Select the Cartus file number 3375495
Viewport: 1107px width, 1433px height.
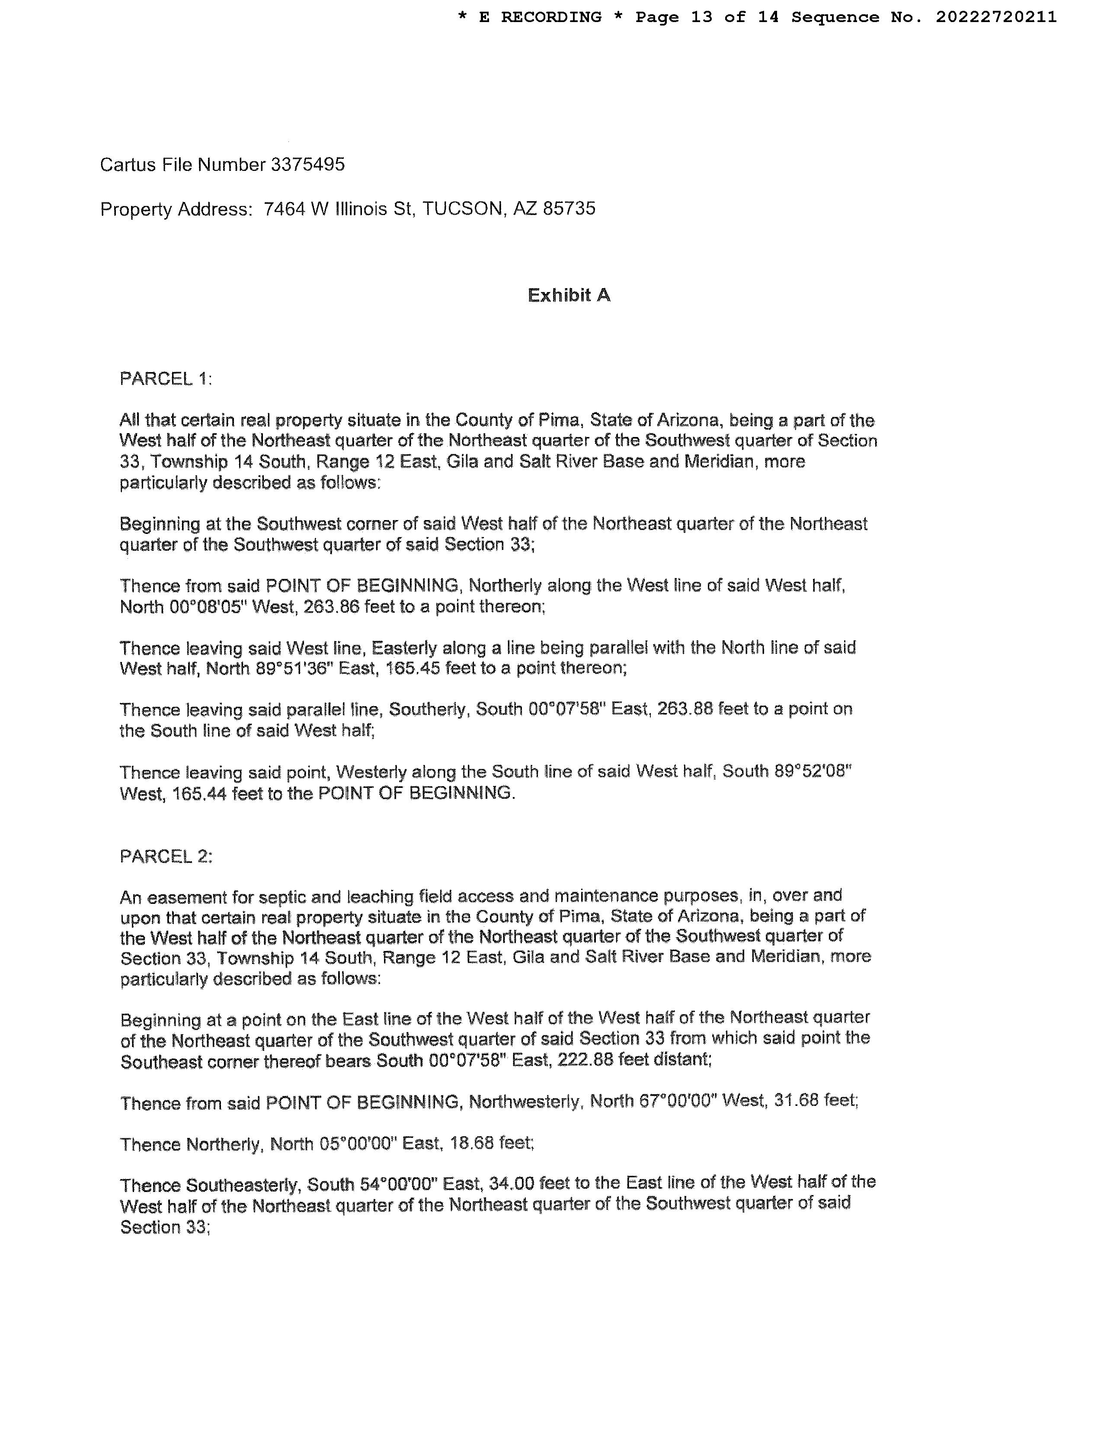click(307, 165)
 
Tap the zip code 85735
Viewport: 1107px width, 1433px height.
click(569, 209)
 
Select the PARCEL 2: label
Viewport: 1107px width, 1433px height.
click(166, 856)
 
